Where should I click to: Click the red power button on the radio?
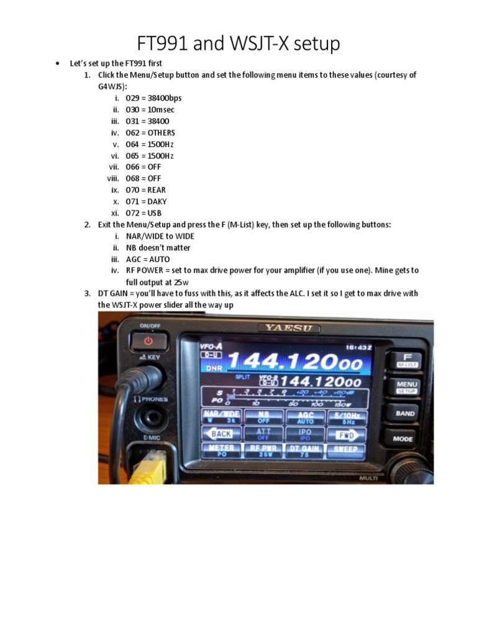[x=148, y=341]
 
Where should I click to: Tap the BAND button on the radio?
[x=404, y=414]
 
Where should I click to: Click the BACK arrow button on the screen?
[x=222, y=434]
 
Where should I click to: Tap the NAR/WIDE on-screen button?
[x=222, y=417]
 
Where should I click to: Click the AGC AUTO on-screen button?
[x=305, y=417]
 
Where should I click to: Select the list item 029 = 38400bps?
[x=153, y=98]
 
